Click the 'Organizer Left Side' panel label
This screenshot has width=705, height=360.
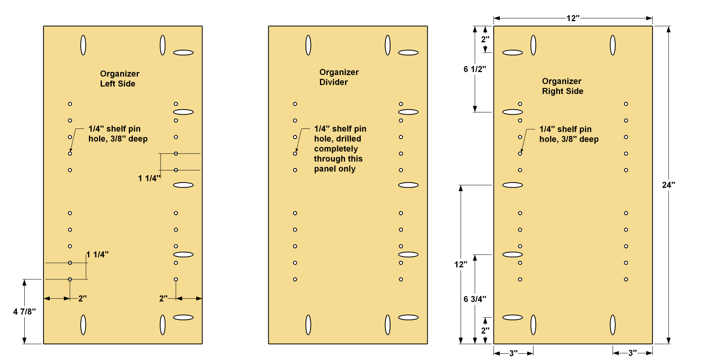(119, 79)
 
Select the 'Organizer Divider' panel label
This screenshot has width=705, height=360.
(339, 77)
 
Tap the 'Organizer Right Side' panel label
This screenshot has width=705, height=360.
(562, 86)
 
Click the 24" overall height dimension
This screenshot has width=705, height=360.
(669, 185)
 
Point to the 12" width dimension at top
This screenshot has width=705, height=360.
(573, 18)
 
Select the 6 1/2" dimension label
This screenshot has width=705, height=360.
(475, 69)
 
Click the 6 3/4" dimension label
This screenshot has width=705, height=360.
(475, 299)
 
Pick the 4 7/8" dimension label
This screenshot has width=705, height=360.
(24, 312)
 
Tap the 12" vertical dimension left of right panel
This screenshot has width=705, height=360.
(461, 265)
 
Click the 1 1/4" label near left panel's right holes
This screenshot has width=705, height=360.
(149, 179)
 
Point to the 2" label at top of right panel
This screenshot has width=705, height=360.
(485, 40)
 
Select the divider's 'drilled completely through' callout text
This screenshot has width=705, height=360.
(340, 149)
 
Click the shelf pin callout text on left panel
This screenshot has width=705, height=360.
(118, 134)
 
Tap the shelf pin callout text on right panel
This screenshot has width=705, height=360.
(569, 134)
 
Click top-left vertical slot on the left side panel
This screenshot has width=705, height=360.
(83, 45)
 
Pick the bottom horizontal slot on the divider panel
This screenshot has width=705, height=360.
(409, 317)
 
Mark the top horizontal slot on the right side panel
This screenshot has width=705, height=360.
(513, 52)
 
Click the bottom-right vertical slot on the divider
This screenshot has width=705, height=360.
(388, 325)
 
